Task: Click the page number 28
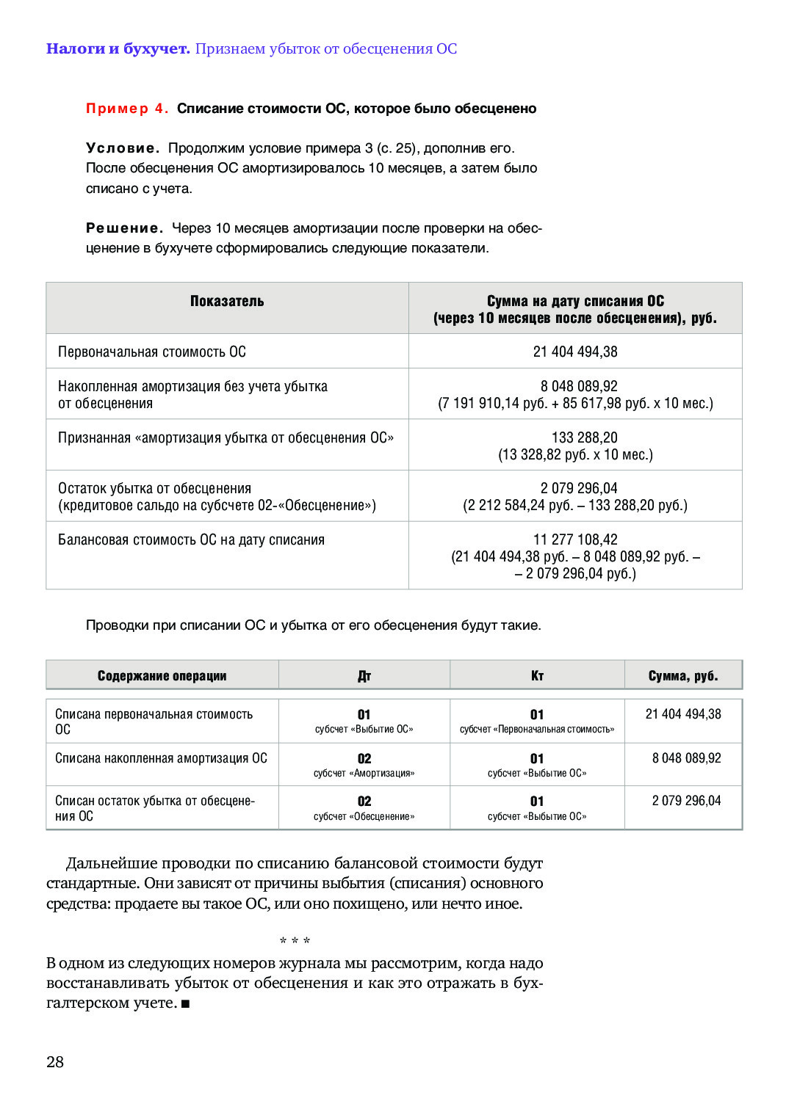click(x=55, y=1061)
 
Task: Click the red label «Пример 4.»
click(x=127, y=109)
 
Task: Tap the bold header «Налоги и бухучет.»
click(x=118, y=49)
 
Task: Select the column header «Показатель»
click(x=227, y=301)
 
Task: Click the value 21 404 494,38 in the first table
click(x=575, y=352)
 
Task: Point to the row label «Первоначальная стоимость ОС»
click(x=152, y=352)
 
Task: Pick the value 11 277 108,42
click(x=575, y=539)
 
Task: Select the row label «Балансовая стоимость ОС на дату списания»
click(x=191, y=539)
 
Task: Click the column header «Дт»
click(x=364, y=676)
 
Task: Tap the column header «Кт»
click(x=537, y=676)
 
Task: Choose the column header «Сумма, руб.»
click(x=683, y=676)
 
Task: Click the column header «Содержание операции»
click(x=162, y=676)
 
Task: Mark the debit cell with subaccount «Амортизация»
click(x=364, y=765)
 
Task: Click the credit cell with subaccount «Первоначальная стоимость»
click(x=537, y=721)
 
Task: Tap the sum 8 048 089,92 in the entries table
click(x=687, y=758)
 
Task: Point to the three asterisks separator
click(x=295, y=941)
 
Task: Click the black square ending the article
click(x=185, y=1003)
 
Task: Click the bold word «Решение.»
click(x=124, y=228)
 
